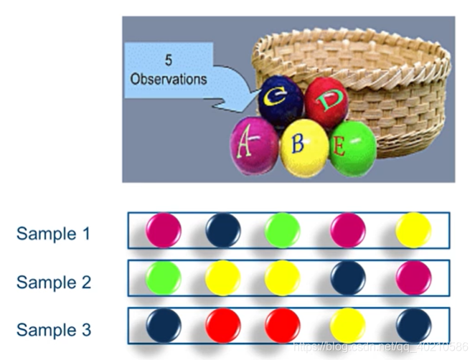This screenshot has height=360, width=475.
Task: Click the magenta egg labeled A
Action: point(253,145)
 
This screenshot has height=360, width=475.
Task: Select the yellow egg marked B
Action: point(304,148)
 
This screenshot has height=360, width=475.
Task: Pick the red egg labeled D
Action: point(327,102)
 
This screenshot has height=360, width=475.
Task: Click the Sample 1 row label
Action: point(54,233)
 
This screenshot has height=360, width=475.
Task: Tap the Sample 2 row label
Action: point(54,282)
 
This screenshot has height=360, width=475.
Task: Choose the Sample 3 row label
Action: point(54,330)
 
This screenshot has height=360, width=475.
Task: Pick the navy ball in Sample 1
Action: point(223,230)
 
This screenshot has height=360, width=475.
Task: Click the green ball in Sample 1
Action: point(281,230)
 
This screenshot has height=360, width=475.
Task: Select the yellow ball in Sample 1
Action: point(413,230)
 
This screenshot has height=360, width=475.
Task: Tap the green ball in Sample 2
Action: point(164,278)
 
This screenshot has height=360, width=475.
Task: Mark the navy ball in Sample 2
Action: point(348,278)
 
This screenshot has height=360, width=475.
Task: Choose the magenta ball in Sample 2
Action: point(413,278)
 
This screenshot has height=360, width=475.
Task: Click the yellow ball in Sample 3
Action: point(348,326)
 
